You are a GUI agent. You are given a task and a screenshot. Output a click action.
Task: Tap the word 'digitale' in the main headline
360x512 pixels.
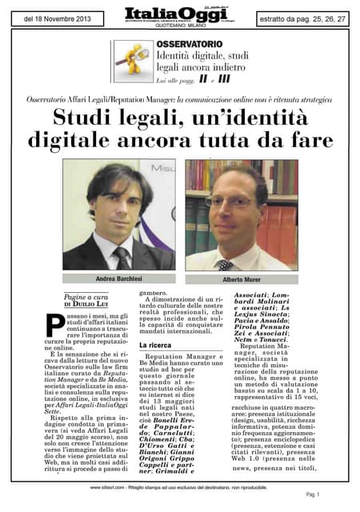coord(89,141)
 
